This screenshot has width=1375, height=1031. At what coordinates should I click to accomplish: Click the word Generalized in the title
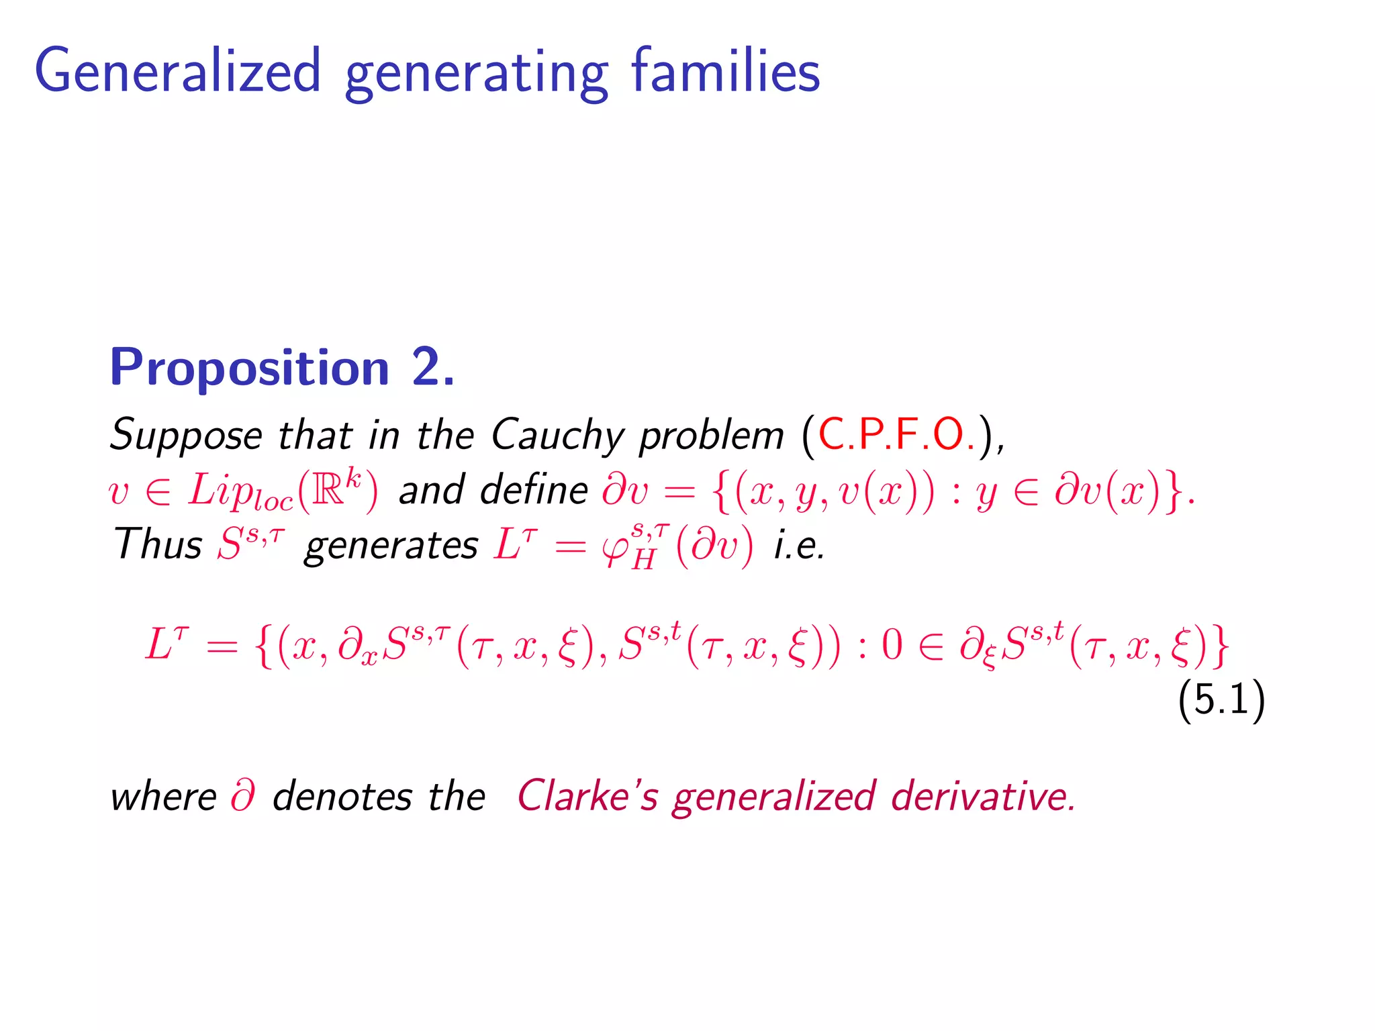(x=178, y=71)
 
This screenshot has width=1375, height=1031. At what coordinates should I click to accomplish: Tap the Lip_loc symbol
(x=240, y=492)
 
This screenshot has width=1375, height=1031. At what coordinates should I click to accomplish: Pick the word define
(x=534, y=489)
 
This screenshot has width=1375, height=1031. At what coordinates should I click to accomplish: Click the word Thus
(x=158, y=544)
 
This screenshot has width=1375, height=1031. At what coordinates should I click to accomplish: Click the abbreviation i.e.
(x=799, y=545)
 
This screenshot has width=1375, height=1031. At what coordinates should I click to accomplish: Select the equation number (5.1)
(x=1221, y=699)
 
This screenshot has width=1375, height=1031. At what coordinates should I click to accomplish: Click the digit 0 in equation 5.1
(x=892, y=646)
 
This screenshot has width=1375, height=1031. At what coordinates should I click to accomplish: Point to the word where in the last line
(x=163, y=797)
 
